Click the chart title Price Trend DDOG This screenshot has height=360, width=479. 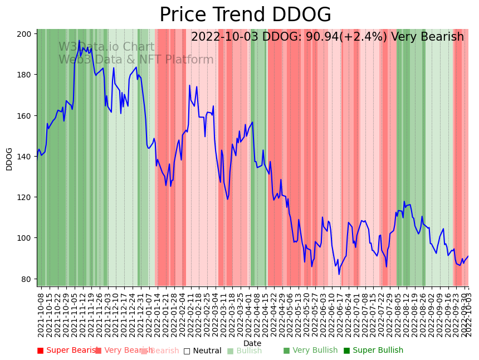tap(245, 15)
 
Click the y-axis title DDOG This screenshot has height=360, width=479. tap(9, 159)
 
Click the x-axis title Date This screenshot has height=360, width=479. tap(252, 343)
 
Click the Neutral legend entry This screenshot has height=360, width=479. tap(203, 351)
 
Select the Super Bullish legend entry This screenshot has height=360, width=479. tap(374, 351)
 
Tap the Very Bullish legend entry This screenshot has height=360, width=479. tap(311, 351)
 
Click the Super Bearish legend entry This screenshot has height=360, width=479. tap(69, 351)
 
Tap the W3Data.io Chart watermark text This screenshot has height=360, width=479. tap(106, 47)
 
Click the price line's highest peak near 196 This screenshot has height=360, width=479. tap(79, 41)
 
